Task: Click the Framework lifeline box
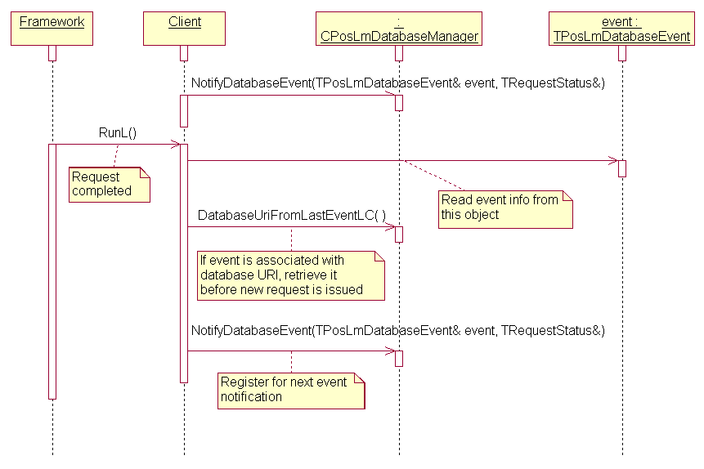[52, 28]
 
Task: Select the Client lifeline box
[184, 28]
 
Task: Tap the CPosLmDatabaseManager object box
[399, 29]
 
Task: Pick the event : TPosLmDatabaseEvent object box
[621, 29]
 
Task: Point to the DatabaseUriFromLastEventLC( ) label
[292, 214]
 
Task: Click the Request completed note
[108, 184]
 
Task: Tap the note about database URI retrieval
[290, 275]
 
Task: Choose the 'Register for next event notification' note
[290, 390]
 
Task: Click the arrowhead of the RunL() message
[175, 145]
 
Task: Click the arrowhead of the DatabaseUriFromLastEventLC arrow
[390, 227]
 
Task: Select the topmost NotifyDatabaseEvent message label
[397, 83]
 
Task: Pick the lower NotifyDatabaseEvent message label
[397, 330]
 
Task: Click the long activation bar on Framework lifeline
[52, 270]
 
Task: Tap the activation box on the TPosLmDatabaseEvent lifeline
[621, 168]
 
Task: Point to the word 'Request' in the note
[96, 176]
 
